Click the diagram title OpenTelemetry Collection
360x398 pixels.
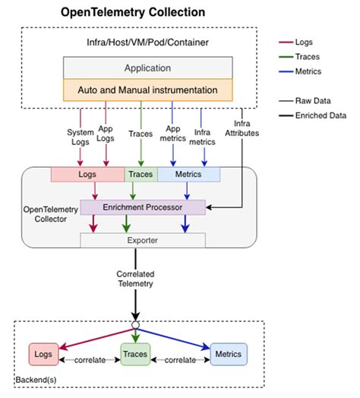[x=133, y=12]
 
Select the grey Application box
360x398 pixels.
[x=148, y=68]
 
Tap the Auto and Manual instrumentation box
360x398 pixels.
[x=148, y=90]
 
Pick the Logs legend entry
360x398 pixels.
[x=295, y=42]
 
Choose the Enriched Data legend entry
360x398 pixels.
[x=312, y=115]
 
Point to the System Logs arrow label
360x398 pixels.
[x=81, y=137]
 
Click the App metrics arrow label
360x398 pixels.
[x=173, y=134]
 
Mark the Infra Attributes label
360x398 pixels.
[x=242, y=128]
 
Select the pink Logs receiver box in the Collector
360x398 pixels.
[x=88, y=175]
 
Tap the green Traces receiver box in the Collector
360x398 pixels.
[x=141, y=175]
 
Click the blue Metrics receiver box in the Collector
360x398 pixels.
[x=189, y=175]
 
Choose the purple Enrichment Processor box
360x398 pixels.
[x=143, y=207]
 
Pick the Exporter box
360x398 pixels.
[x=143, y=240]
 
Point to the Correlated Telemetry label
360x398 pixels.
[x=136, y=279]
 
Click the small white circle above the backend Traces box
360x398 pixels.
[x=136, y=325]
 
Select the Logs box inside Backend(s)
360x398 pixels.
[x=43, y=354]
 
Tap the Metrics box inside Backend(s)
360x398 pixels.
[x=229, y=354]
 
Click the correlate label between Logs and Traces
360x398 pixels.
[x=90, y=360]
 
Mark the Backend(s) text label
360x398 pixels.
[x=36, y=380]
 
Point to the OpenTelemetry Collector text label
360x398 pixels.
[x=51, y=214]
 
